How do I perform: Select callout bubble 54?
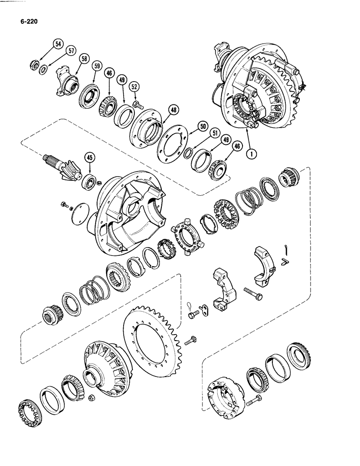(x=58, y=44)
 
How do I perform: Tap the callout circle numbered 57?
(x=71, y=51)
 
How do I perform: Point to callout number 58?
(x=84, y=59)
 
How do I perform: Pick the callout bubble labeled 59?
(x=97, y=66)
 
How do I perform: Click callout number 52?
(x=134, y=87)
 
